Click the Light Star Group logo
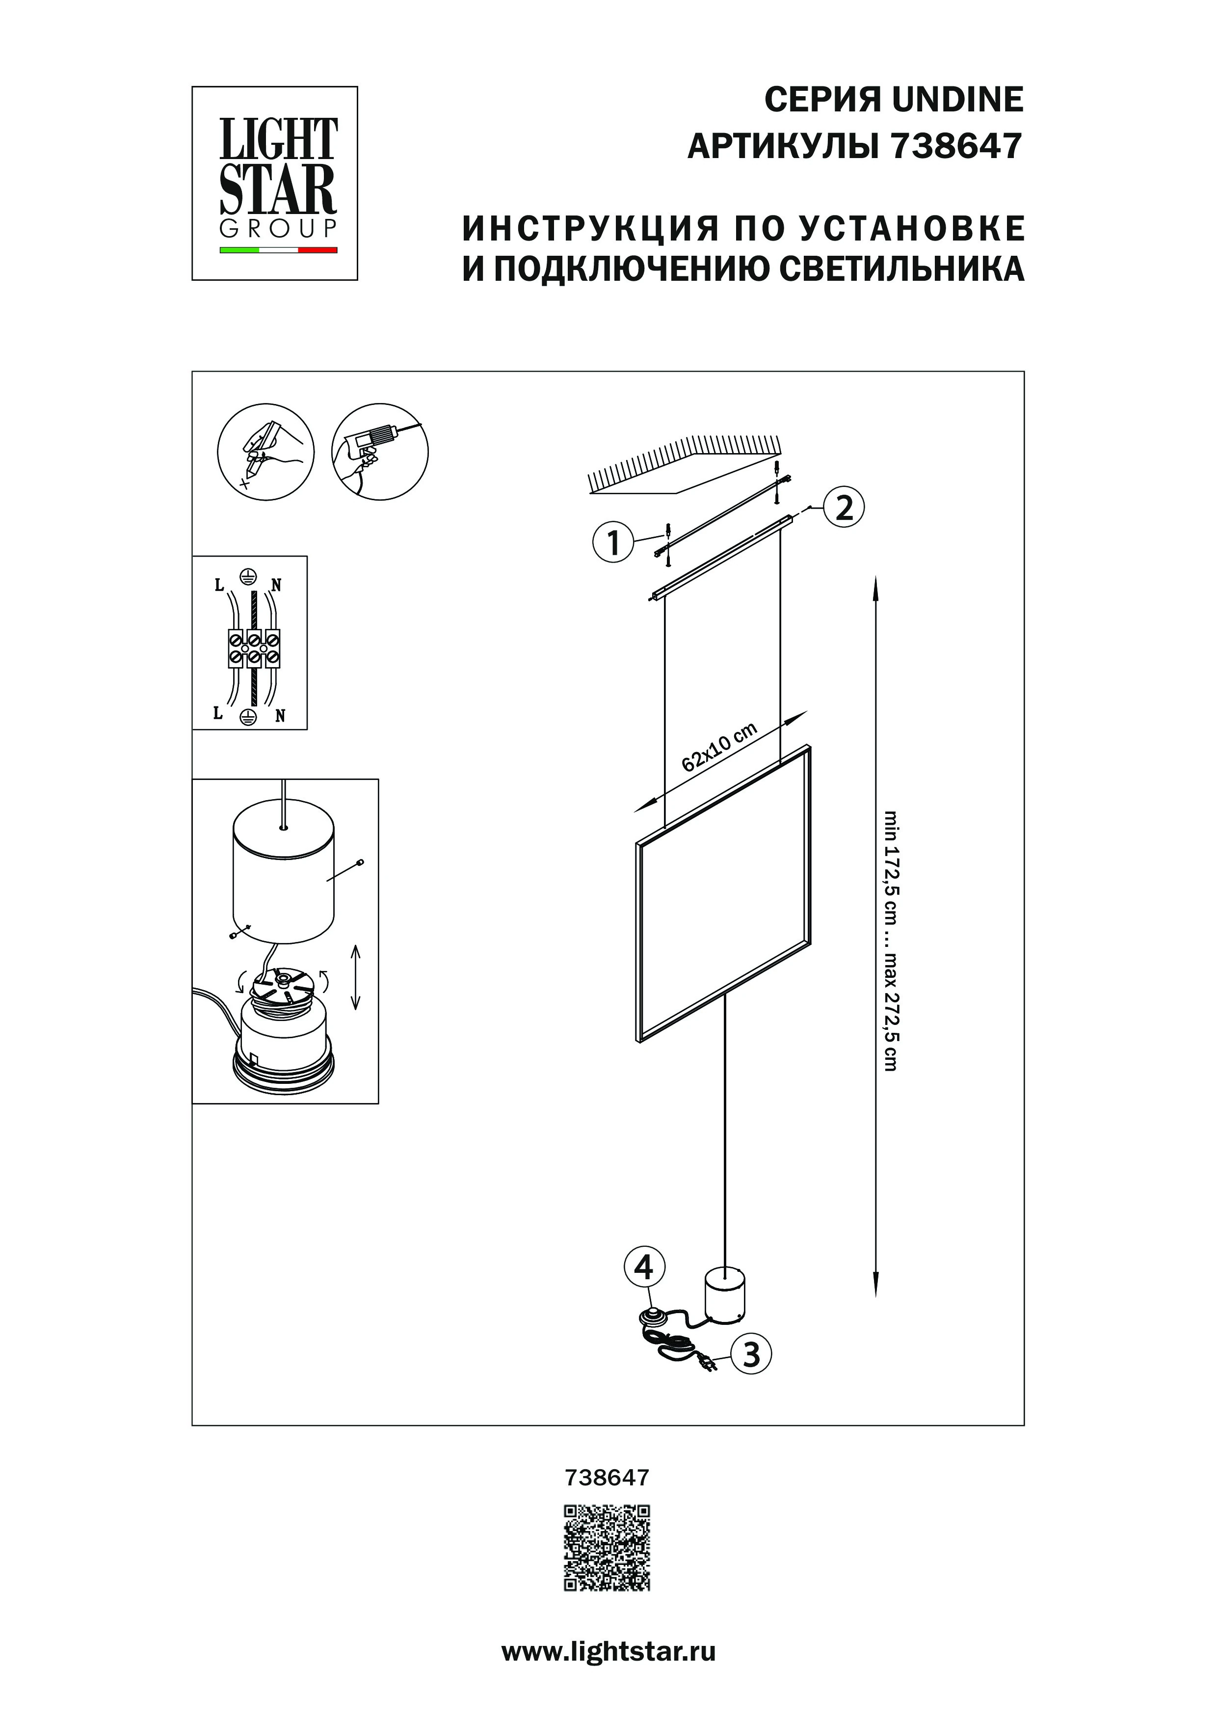point(275,184)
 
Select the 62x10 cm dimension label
point(720,747)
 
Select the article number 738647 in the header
point(955,147)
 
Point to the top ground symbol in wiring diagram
point(248,576)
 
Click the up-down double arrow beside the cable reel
point(356,976)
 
